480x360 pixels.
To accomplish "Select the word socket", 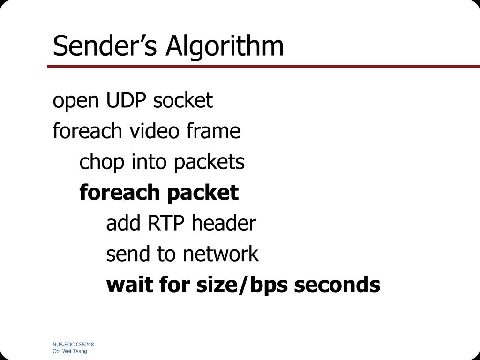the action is (x=183, y=100).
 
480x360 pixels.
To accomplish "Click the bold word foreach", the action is (x=114, y=192).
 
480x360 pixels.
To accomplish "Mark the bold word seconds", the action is (x=337, y=285).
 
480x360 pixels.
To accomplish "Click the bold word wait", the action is (x=129, y=285).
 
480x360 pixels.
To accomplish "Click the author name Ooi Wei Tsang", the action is (x=70, y=351).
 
